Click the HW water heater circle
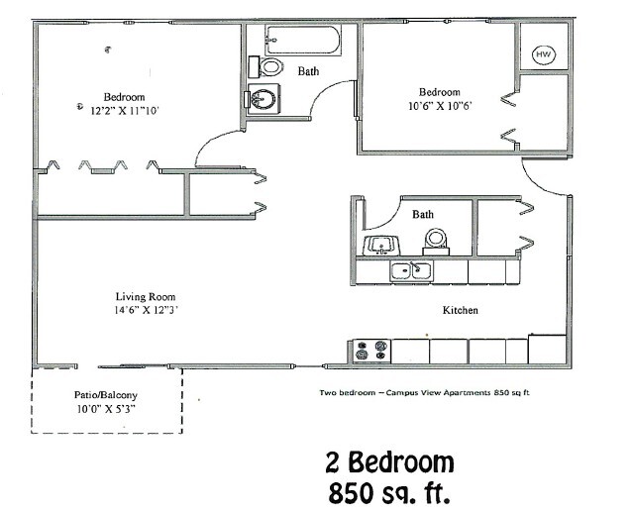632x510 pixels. (543, 54)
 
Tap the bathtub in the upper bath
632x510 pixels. (303, 40)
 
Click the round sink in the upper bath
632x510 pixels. (263, 99)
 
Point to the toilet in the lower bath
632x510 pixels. (436, 242)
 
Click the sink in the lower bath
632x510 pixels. (381, 246)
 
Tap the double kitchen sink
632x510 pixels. (411, 270)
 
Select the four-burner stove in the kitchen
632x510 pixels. (371, 351)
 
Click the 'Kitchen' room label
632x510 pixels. (461, 310)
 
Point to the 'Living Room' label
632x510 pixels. (146, 297)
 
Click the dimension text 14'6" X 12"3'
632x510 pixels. (146, 310)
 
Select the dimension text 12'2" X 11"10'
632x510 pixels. (125, 111)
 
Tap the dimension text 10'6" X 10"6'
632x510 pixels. (440, 106)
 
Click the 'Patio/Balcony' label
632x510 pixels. (106, 395)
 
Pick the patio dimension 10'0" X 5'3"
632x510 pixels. (106, 409)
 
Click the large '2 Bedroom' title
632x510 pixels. (389, 462)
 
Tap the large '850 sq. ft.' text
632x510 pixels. (389, 492)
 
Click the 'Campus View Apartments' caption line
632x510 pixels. (424, 392)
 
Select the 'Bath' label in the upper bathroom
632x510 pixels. (308, 71)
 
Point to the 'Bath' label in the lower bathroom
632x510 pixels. (423, 214)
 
